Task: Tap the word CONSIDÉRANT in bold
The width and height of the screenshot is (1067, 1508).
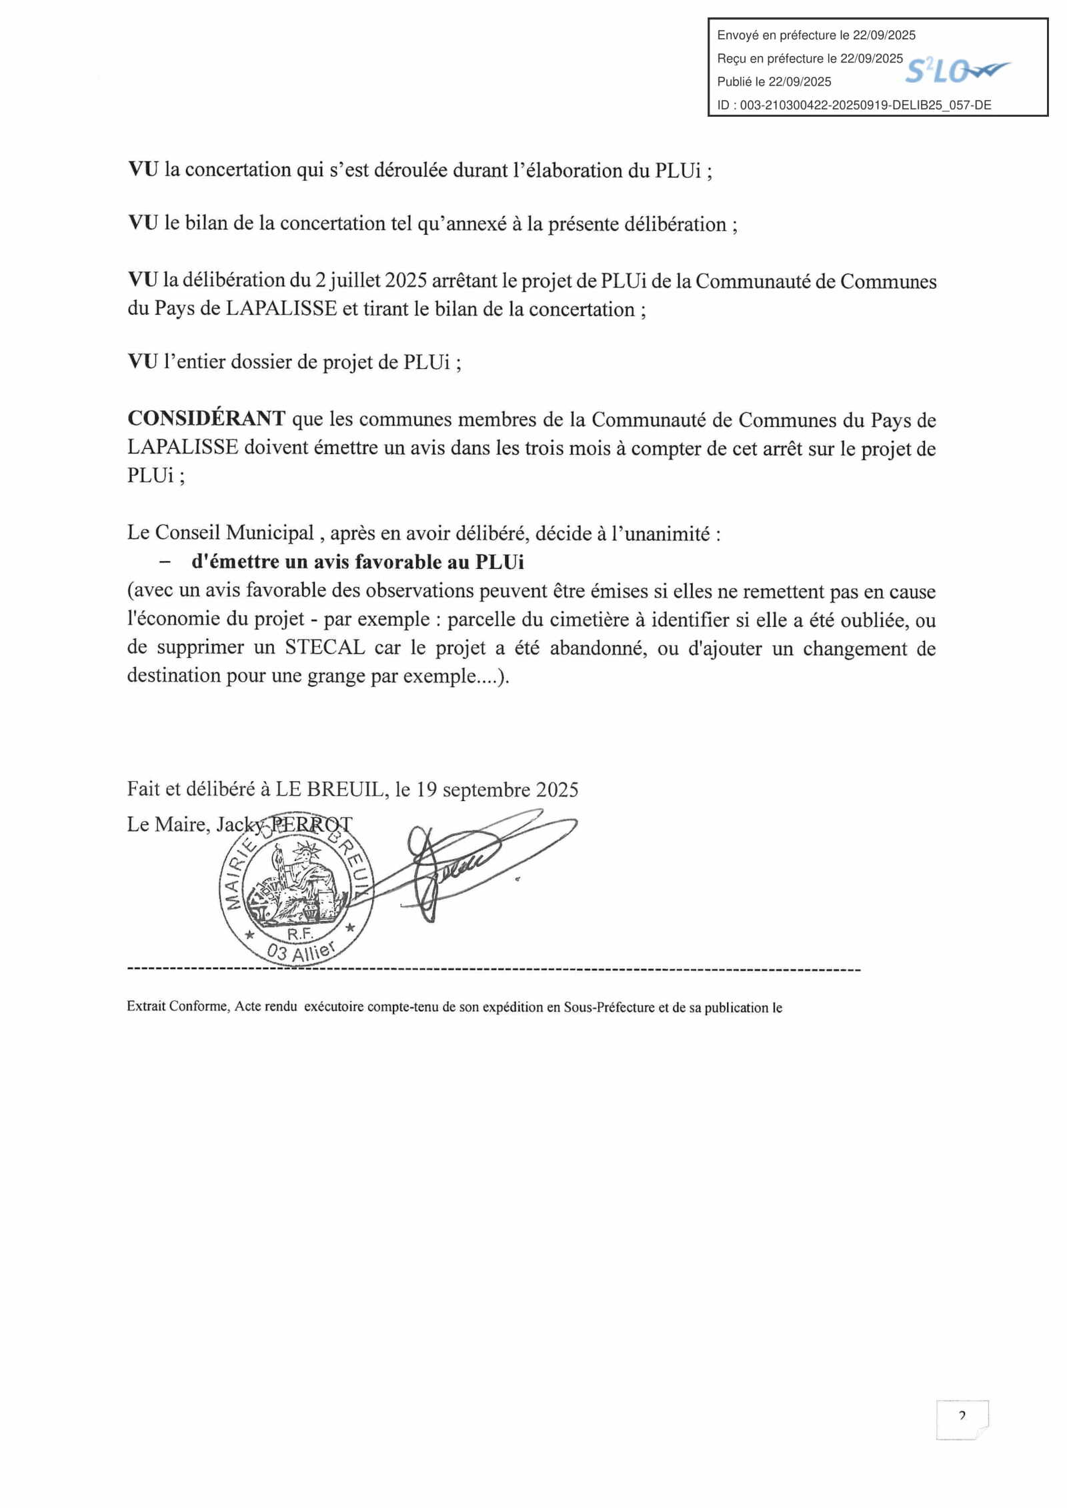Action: point(206,419)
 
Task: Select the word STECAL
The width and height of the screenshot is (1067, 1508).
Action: point(325,648)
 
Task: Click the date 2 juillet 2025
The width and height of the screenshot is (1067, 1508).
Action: point(371,281)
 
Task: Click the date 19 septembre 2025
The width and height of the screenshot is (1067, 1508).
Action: point(497,790)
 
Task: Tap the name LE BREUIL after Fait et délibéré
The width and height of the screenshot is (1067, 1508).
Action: point(329,790)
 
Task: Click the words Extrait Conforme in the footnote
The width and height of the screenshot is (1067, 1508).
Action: point(177,1006)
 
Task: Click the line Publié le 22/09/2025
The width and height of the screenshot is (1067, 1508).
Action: point(774,82)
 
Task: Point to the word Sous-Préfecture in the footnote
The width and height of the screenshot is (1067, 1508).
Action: point(609,1007)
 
